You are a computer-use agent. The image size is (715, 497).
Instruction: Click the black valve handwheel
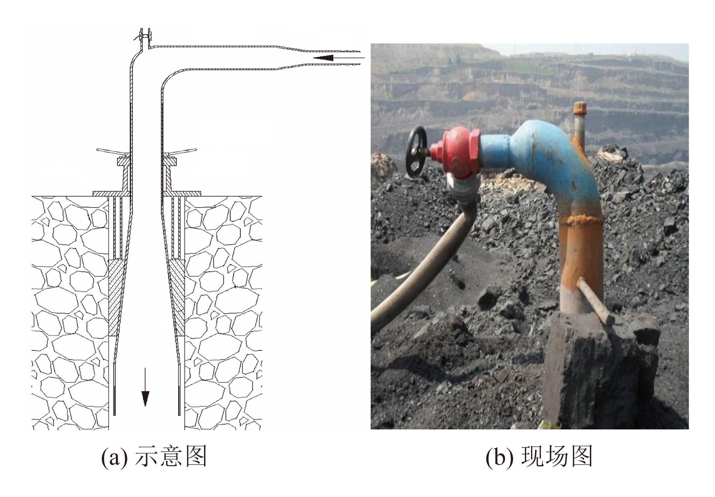point(416,151)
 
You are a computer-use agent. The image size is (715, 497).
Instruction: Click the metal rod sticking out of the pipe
point(595,301)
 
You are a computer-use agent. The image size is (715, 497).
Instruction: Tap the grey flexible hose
point(421,262)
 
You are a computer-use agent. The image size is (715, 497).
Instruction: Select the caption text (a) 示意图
point(154,457)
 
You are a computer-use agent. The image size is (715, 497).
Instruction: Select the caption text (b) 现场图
point(539,457)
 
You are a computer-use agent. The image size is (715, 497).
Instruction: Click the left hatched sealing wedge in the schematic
point(116,297)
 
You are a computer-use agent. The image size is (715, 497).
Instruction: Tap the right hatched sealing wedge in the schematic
point(177,297)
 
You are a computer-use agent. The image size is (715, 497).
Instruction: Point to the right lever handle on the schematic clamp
point(181,151)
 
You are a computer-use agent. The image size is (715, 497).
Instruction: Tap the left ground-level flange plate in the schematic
point(110,193)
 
